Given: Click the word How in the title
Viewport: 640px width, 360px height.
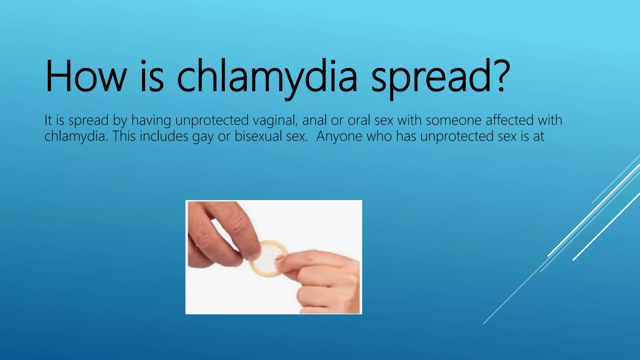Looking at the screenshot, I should point(86,77).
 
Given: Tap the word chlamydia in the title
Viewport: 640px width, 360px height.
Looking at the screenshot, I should point(267,77).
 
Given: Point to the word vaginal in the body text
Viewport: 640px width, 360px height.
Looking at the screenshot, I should point(275,120).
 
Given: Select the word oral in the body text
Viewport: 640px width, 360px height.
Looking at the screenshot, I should point(359,120).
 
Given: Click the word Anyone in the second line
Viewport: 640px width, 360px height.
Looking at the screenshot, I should point(339,137).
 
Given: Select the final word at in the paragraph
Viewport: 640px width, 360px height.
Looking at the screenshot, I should point(539,136).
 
